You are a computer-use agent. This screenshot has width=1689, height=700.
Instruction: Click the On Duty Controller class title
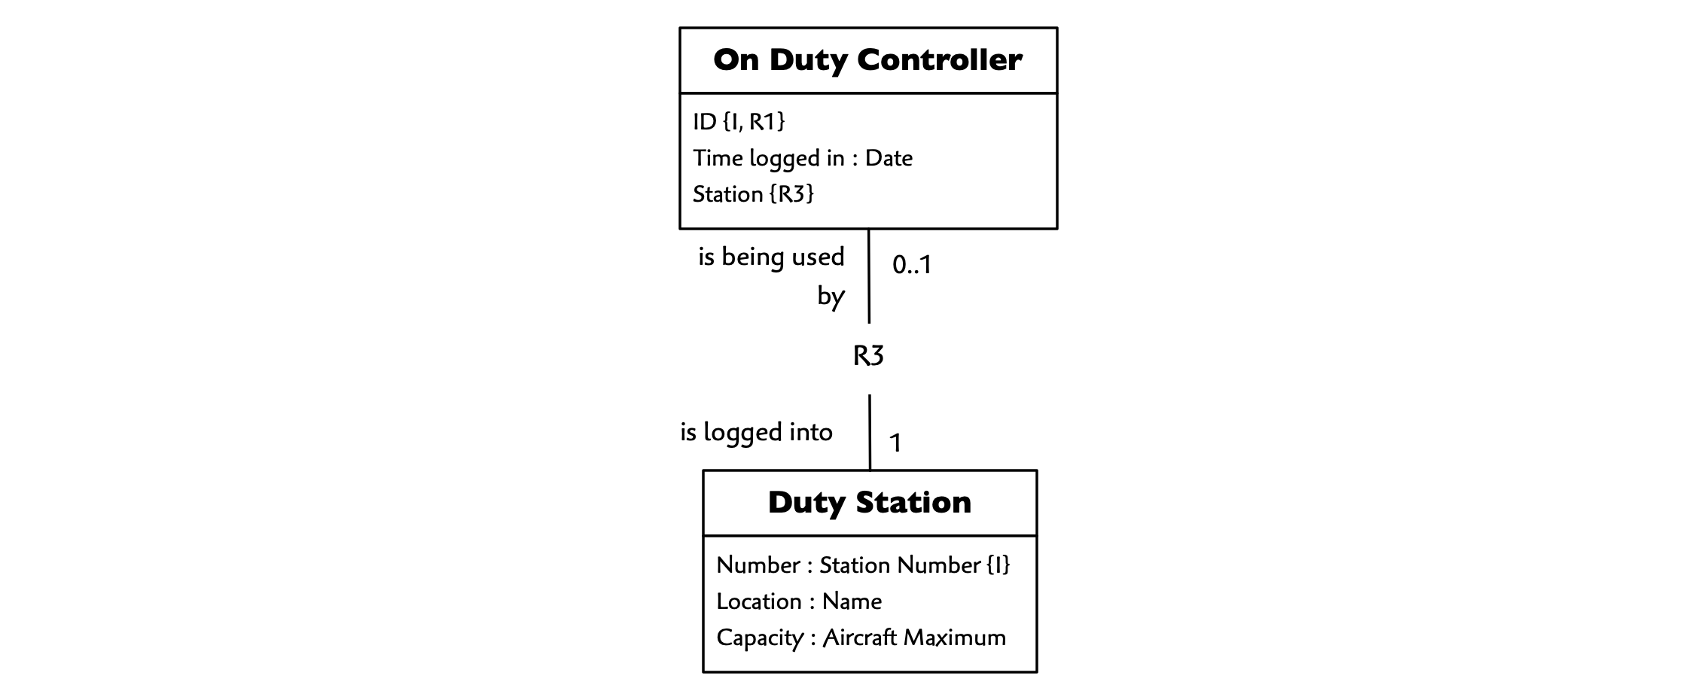coord(867,60)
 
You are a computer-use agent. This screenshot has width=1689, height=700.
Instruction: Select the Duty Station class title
coord(870,503)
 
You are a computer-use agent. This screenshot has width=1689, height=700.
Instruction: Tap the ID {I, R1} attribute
coord(739,121)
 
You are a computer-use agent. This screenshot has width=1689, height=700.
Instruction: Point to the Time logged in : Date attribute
coord(803,158)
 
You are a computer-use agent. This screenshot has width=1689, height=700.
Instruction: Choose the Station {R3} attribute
coord(753,194)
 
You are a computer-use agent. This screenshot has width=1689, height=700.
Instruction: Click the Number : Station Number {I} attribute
coord(863,565)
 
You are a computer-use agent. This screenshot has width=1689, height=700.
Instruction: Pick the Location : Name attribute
coord(799,601)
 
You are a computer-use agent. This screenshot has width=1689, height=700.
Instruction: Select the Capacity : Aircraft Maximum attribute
coord(861,638)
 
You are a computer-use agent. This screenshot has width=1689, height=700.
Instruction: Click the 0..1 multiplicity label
coord(912,264)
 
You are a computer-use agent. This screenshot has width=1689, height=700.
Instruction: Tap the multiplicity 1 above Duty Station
coord(895,443)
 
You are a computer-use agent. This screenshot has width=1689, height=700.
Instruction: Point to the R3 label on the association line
coord(868,355)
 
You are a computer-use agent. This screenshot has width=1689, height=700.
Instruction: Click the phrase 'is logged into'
coord(756,432)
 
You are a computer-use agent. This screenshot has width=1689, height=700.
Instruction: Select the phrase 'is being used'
coord(771,257)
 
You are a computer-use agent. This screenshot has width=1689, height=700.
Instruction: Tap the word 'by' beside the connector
coord(831,297)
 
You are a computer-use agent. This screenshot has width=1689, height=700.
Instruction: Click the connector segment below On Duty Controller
coord(869,276)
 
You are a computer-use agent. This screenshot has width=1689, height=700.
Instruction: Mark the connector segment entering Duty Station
coord(870,433)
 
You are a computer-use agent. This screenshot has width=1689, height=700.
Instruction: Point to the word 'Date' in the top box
coord(889,158)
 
